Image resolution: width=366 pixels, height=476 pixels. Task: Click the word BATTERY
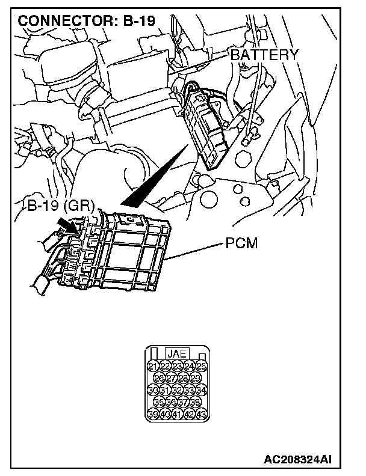264,55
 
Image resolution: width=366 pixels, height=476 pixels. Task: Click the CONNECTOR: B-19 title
87,20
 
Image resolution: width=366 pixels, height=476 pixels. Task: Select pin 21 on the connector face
152,366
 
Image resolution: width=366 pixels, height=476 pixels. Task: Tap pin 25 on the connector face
202,366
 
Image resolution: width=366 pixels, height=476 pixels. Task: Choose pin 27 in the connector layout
171,378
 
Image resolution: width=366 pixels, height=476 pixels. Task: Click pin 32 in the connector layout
177,391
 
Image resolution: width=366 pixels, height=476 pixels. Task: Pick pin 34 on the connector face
202,391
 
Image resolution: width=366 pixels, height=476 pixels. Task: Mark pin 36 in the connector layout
171,403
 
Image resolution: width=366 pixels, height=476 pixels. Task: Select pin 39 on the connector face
152,415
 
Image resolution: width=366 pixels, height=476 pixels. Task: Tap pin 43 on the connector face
202,415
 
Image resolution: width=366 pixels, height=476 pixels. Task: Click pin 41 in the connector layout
177,415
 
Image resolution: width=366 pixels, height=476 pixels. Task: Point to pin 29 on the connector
196,378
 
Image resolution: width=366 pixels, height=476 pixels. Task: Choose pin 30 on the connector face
152,391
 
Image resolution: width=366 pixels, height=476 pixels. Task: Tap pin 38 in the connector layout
196,403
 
